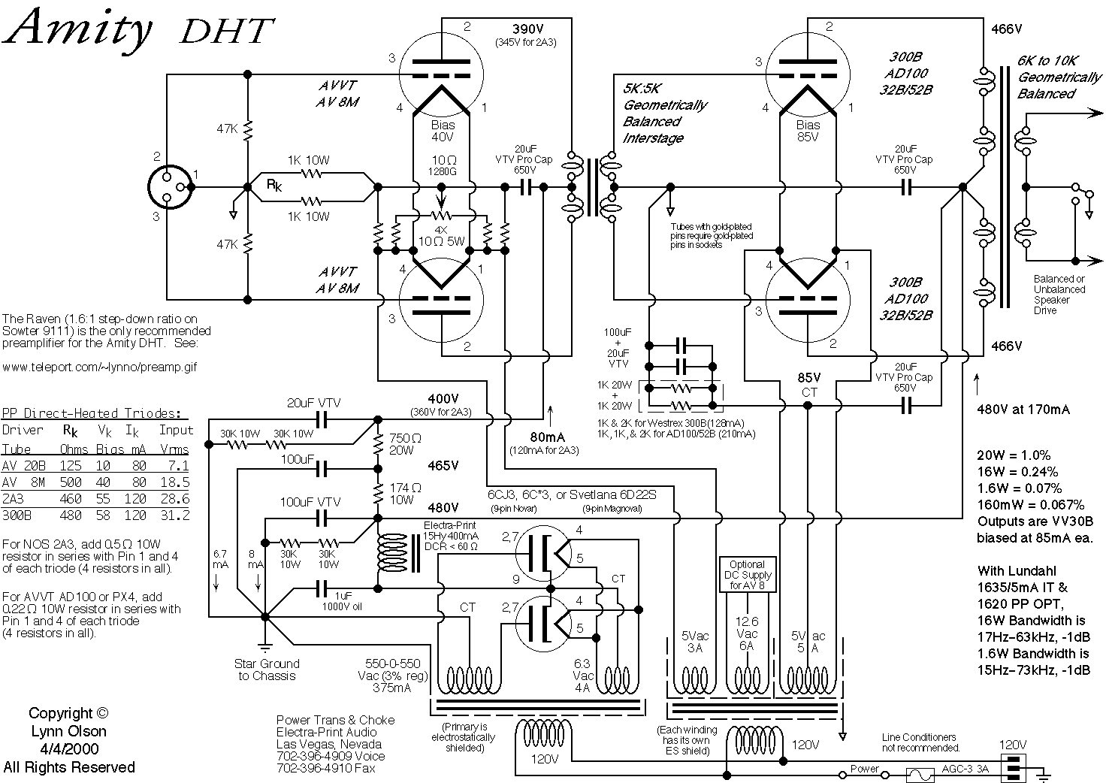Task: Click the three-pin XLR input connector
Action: point(171,186)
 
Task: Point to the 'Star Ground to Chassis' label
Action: point(267,670)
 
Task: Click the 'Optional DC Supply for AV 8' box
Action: point(746,575)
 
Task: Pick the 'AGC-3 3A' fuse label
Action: point(965,770)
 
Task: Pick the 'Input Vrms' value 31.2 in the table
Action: point(175,515)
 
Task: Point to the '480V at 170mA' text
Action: point(1023,410)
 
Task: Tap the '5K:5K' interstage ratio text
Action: point(642,88)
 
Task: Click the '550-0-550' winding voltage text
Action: point(397,664)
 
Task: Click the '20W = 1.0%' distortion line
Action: point(1014,455)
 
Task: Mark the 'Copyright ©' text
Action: point(68,714)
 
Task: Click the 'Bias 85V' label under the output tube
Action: point(808,131)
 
